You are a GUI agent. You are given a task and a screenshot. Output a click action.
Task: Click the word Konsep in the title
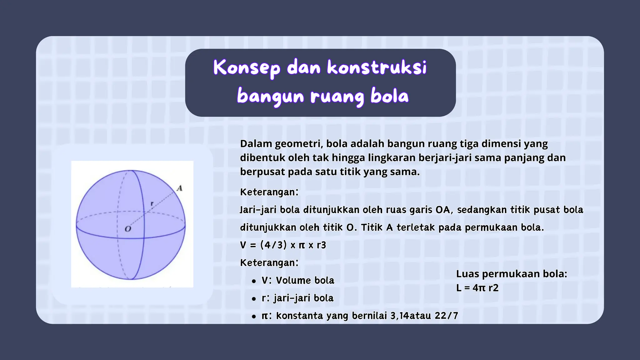click(x=247, y=68)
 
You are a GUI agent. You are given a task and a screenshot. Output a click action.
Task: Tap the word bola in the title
click(x=389, y=96)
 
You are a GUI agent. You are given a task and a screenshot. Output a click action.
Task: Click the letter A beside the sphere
click(x=179, y=188)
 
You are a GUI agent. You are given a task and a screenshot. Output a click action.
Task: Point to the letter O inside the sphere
click(x=128, y=229)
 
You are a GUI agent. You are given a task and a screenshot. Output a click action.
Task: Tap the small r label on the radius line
click(x=152, y=204)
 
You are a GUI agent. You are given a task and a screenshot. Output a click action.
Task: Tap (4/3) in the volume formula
click(x=273, y=245)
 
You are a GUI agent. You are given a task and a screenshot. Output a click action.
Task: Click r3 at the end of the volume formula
click(x=321, y=245)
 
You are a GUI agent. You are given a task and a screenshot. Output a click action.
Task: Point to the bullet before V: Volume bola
click(x=254, y=281)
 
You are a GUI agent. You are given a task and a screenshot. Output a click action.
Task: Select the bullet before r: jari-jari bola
click(x=254, y=299)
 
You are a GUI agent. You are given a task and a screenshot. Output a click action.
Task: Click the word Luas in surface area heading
click(x=467, y=274)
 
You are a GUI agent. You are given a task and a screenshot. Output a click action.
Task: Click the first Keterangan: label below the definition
click(x=269, y=192)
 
